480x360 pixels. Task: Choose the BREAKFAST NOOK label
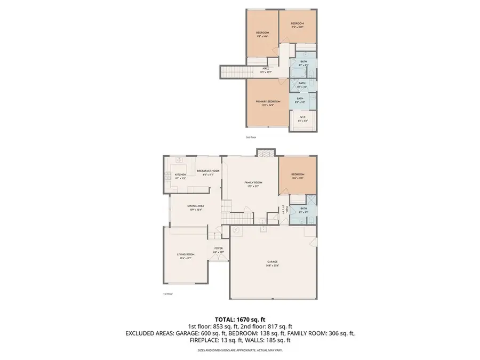208,171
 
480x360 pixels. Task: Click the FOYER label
218,248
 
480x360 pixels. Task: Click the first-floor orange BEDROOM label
298,174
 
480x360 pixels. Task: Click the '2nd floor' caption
251,138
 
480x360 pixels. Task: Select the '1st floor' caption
168,293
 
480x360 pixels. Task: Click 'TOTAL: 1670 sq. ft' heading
239,318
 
